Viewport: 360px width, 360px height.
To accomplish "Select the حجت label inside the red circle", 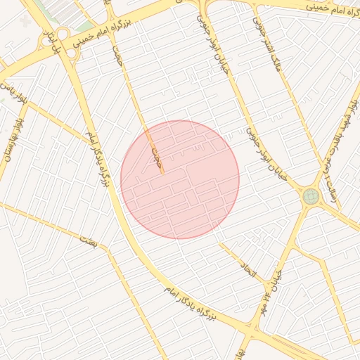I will [155, 155].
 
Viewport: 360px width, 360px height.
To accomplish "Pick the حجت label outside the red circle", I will [117, 56].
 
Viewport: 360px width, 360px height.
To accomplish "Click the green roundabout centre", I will [310, 196].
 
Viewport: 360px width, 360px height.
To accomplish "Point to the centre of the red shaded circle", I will [180, 179].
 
